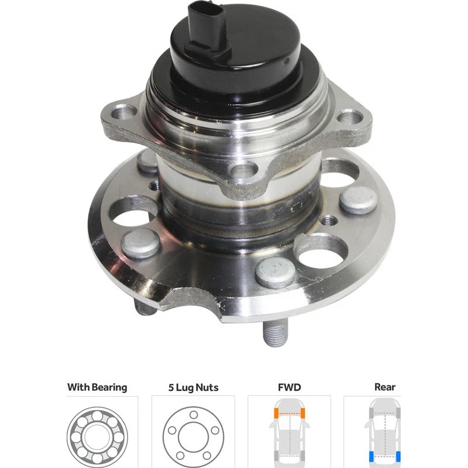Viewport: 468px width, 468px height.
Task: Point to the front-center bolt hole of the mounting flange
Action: click(245, 171)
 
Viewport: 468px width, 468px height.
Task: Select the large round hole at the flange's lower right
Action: click(321, 250)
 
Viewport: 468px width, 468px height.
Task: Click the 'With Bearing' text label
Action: click(97, 387)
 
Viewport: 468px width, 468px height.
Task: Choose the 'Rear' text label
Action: click(384, 387)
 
